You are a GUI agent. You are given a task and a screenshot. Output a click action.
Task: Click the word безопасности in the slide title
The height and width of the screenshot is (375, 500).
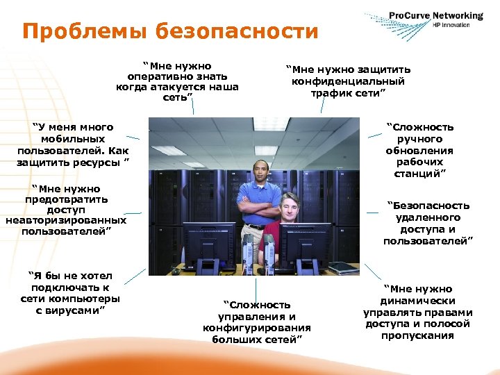[x=237, y=31]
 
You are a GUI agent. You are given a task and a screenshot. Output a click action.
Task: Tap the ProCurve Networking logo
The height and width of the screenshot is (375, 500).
[x=433, y=17]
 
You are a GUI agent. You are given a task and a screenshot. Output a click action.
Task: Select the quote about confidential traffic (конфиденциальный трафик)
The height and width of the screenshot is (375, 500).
[x=351, y=81]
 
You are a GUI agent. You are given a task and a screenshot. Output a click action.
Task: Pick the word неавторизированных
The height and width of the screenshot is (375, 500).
[x=66, y=220]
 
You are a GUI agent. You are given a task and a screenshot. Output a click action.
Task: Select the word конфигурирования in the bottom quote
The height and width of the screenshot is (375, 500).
[x=256, y=328]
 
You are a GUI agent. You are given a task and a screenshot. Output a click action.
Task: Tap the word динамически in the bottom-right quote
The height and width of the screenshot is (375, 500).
[x=417, y=301]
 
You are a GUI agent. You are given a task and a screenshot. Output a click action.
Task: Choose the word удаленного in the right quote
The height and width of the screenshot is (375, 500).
[x=428, y=217]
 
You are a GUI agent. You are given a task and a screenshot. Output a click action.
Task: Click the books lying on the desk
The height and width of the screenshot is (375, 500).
[x=344, y=267]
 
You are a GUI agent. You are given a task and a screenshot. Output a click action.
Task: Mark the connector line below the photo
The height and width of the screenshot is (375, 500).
[x=256, y=286]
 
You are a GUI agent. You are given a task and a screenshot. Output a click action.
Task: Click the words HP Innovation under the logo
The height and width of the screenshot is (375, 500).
[x=451, y=25]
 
